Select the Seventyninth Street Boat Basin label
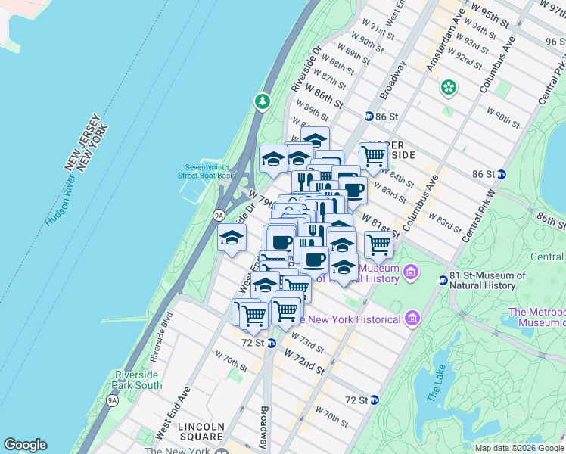208,171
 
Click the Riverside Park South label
138,380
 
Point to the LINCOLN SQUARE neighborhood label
201,431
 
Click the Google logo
25,445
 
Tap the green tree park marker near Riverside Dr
263,101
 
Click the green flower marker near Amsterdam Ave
449,88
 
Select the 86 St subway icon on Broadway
369,117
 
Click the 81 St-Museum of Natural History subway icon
443,281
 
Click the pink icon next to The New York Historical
412,319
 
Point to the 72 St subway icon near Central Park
374,400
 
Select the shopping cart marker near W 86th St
373,156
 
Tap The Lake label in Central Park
437,383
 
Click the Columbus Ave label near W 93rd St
496,74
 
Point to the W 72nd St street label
305,362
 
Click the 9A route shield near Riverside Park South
113,400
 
